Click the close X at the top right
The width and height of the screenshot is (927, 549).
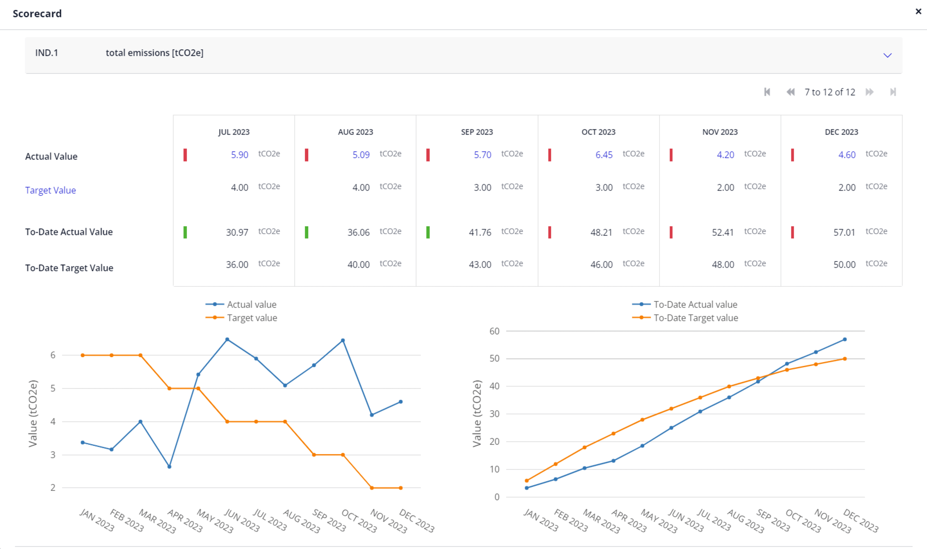coord(918,11)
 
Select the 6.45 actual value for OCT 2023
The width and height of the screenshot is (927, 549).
coord(604,155)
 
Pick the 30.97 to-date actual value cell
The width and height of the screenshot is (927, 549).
coord(237,232)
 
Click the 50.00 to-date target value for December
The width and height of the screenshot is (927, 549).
coord(844,264)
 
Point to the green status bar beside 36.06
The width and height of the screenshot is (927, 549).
coord(307,232)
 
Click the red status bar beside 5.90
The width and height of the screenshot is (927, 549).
coord(185,155)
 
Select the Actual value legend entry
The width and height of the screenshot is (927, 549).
coord(241,305)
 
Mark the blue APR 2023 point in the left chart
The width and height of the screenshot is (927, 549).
coord(169,467)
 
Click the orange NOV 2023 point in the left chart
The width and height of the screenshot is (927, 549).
coord(372,488)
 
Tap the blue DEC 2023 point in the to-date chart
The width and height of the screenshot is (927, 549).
coord(845,339)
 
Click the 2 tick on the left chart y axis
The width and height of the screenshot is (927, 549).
coord(53,488)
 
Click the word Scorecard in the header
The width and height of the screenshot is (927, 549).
coord(37,14)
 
